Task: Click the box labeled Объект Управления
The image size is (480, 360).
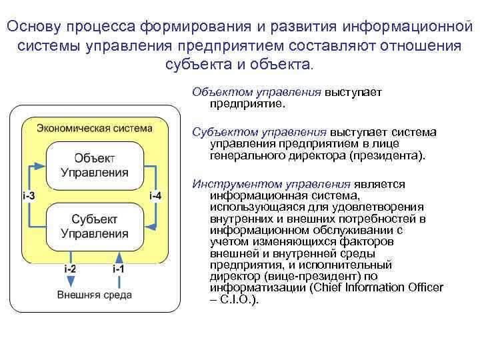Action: (x=95, y=165)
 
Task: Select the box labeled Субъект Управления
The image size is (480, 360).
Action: (x=95, y=226)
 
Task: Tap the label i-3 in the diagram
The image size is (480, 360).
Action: (x=29, y=195)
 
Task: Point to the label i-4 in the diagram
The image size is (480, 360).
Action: (x=155, y=195)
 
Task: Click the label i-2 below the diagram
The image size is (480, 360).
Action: (x=70, y=268)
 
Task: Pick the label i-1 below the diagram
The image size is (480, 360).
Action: (x=118, y=268)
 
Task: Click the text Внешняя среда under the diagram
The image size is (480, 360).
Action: (x=94, y=294)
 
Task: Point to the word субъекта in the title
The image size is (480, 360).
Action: (x=194, y=65)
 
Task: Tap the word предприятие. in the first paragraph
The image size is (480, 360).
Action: (x=247, y=104)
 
